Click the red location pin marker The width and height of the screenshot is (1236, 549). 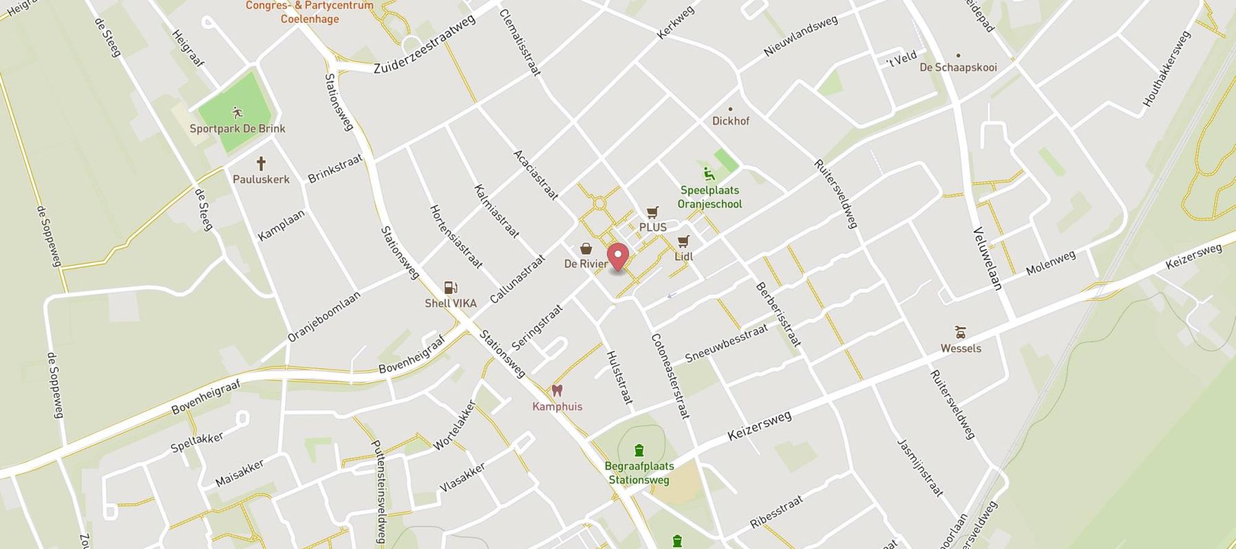(619, 257)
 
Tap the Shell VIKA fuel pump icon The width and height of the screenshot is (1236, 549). (450, 288)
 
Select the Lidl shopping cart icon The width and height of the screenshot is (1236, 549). (683, 242)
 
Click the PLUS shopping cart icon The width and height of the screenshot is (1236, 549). (652, 213)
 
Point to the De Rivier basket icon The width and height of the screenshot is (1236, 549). (586, 248)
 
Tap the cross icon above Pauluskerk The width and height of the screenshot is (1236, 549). (261, 164)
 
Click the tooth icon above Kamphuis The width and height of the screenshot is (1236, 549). (557, 391)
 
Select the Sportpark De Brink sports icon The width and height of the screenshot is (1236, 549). (238, 113)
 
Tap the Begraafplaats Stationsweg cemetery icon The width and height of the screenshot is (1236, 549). (639, 450)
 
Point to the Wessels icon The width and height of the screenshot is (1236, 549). (961, 333)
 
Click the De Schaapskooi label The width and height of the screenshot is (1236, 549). (958, 67)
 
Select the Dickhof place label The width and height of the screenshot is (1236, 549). (731, 121)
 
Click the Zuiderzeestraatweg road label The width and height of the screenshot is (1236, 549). (425, 46)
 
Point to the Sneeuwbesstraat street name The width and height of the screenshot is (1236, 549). (726, 343)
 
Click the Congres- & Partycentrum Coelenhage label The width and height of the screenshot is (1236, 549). (310, 12)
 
